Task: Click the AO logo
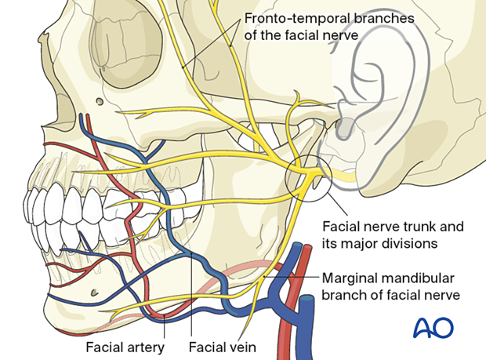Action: point(433,327)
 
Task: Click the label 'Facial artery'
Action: point(125,347)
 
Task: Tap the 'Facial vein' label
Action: point(223,347)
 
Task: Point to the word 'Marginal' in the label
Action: point(350,278)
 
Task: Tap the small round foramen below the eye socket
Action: point(100,101)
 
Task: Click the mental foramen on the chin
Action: point(95,292)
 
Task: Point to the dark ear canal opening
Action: point(345,128)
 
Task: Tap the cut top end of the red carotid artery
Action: point(307,247)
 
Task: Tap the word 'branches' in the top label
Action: point(384,19)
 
